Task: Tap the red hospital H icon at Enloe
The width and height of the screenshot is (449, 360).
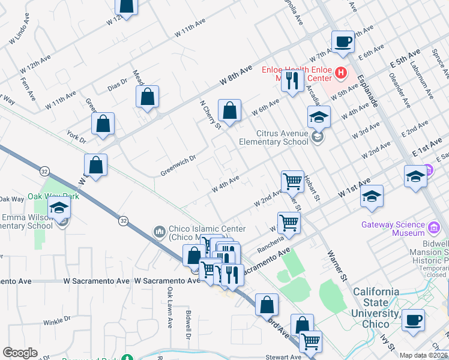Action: point(341,73)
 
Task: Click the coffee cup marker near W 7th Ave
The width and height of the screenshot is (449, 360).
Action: point(342,41)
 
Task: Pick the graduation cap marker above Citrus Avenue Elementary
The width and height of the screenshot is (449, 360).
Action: point(319,116)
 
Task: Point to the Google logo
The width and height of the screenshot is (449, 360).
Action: point(20,353)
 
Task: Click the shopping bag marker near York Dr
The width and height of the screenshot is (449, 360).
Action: point(103,124)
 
